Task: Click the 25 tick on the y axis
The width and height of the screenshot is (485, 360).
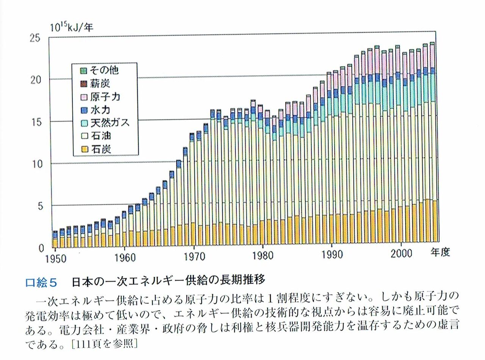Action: pos(35,38)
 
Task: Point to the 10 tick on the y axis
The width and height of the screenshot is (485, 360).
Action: pos(35,164)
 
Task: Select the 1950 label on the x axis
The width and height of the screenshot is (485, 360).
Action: pos(56,259)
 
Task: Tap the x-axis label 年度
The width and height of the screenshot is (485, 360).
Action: pos(440,252)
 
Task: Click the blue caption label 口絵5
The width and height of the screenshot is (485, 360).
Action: pos(41,282)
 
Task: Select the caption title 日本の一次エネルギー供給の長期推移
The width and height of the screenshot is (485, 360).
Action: pos(167,281)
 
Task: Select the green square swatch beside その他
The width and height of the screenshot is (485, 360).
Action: pos(84,70)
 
